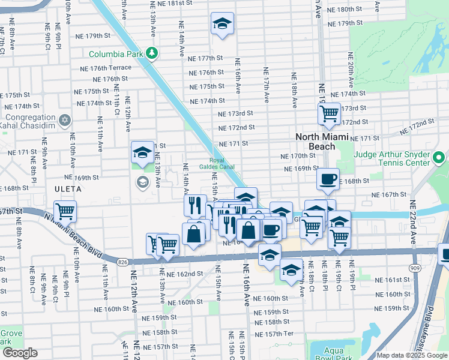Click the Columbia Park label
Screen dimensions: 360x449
(x=115, y=54)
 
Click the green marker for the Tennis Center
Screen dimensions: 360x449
(x=439, y=158)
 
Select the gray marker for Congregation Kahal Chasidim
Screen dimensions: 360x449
(x=65, y=120)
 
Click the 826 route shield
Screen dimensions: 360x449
(x=122, y=262)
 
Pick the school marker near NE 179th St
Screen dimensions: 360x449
(x=222, y=24)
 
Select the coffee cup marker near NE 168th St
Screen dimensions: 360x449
(x=328, y=179)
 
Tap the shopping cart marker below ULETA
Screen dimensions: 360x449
(x=64, y=212)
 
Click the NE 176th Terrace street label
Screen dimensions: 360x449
(x=105, y=68)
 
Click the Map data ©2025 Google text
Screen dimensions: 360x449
(x=412, y=355)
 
